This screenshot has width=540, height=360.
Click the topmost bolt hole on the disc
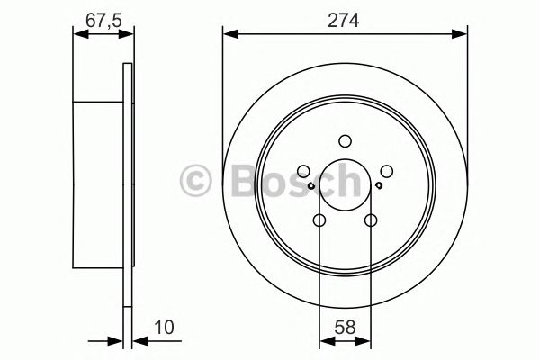tap(345, 140)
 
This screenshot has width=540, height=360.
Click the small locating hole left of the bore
tap(310, 186)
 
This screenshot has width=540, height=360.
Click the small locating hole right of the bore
tap(380, 186)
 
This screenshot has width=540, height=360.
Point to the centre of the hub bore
tap(345, 185)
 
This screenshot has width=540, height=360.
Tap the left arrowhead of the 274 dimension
tap(229, 35)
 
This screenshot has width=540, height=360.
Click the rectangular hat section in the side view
tap(97, 185)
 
